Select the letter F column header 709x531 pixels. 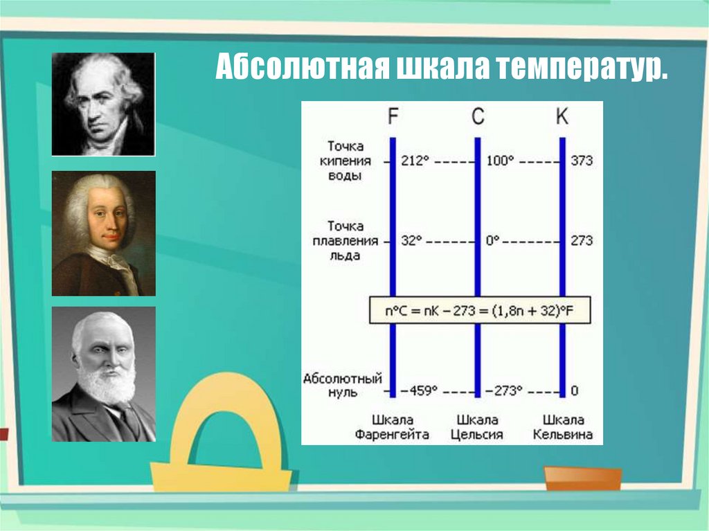[393, 117]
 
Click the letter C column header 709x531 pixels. [478, 117]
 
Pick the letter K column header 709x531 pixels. [562, 117]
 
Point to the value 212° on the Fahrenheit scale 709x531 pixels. [415, 161]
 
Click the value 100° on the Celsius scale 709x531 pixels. [500, 161]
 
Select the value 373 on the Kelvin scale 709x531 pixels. [582, 161]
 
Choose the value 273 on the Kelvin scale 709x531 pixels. [582, 241]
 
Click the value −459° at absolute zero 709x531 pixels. [420, 391]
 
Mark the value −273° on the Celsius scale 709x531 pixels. [504, 391]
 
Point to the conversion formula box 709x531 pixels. [479, 312]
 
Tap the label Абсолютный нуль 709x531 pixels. [343, 385]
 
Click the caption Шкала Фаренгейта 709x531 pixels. [393, 427]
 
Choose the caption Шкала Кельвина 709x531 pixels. [563, 427]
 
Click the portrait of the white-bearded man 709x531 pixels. [104, 374]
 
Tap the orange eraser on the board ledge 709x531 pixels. [582, 478]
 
